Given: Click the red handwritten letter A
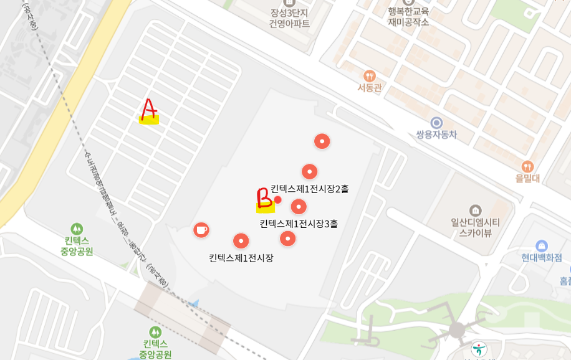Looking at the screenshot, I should point(148,109).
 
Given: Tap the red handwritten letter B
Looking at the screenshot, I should point(264,197).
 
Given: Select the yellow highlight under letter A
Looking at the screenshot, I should point(149,120).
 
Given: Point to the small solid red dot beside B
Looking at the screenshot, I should point(277,200).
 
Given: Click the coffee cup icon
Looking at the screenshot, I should point(201,230).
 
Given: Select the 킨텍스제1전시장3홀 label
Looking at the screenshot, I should point(299,223).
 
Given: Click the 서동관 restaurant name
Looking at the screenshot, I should point(369,88).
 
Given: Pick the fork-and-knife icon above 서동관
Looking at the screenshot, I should point(369,75).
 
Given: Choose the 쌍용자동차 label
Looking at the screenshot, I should point(436,134).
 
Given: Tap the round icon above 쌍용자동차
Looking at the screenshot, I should point(436,122).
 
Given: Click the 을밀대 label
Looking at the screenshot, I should point(527,178).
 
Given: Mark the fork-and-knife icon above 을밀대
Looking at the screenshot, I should point(527,166).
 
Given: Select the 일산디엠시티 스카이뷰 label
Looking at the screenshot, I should point(475,227).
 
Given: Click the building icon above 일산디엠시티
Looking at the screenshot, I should point(476,210).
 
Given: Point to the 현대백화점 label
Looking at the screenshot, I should point(541,257).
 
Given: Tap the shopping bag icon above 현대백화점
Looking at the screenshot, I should point(541,245).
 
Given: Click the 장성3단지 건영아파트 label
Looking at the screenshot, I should point(289,17).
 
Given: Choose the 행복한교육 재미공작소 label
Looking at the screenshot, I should point(408,16).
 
